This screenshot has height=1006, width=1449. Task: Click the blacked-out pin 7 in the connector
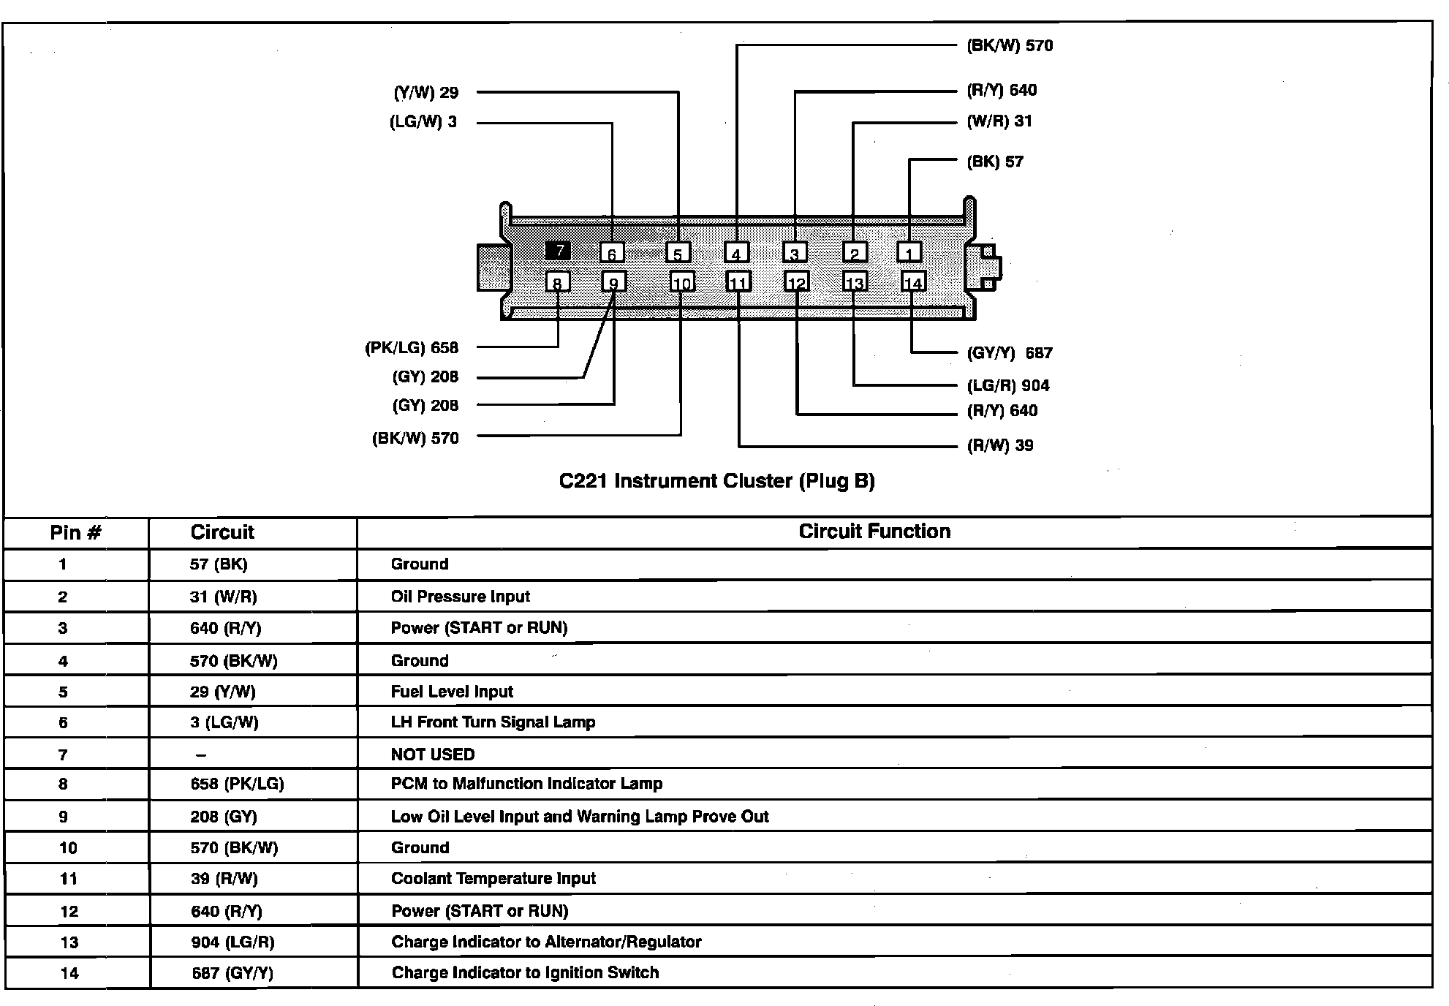pyautogui.click(x=558, y=251)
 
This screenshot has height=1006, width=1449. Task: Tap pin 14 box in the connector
pyautogui.click(x=913, y=282)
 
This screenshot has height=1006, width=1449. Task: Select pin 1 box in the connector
pyautogui.click(x=909, y=252)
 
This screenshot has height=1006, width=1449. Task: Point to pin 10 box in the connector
pyautogui.click(x=682, y=283)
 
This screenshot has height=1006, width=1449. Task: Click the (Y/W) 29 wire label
pyautogui.click(x=426, y=93)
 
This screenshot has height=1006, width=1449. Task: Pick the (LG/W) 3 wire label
pyautogui.click(x=423, y=122)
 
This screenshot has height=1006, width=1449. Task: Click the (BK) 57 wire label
pyautogui.click(x=995, y=162)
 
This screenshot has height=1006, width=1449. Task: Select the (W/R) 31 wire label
pyautogui.click(x=999, y=121)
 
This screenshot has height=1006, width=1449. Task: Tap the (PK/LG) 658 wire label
pyautogui.click(x=412, y=348)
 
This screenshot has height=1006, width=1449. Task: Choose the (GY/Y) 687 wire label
pyautogui.click(x=1010, y=353)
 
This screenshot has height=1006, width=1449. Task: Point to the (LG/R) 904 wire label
pyautogui.click(x=1008, y=385)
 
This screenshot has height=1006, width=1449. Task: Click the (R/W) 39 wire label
pyautogui.click(x=1000, y=445)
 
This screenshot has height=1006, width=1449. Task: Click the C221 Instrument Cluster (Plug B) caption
pyautogui.click(x=716, y=481)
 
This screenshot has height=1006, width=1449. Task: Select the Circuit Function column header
pyautogui.click(x=874, y=532)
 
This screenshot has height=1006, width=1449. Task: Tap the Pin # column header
pyautogui.click(x=75, y=532)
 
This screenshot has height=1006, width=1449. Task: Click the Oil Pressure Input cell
pyautogui.click(x=460, y=597)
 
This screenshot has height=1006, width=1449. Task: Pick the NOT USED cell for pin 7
pyautogui.click(x=433, y=754)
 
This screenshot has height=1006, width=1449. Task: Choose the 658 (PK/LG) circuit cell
pyautogui.click(x=237, y=784)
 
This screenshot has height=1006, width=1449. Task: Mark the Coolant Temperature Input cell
pyautogui.click(x=493, y=879)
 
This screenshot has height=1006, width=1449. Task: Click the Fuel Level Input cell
pyautogui.click(x=452, y=692)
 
